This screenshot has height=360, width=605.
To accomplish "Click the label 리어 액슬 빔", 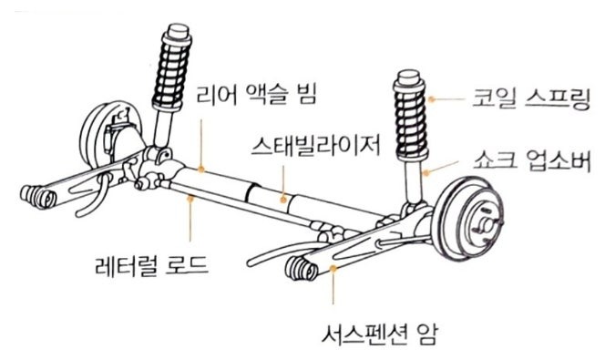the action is pyautogui.click(x=257, y=95).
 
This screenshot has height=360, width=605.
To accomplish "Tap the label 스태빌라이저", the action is pyautogui.click(x=316, y=146).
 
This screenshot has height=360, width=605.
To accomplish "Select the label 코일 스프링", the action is pyautogui.click(x=532, y=98).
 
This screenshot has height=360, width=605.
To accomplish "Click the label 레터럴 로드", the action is pyautogui.click(x=151, y=264).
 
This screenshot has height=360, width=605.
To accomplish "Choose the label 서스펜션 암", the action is pyautogui.click(x=380, y=334).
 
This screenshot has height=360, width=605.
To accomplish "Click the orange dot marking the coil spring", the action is pyautogui.click(x=432, y=99).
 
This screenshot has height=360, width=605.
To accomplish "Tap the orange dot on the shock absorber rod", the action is pyautogui.click(x=426, y=172).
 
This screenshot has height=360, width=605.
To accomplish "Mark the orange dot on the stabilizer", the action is pyautogui.click(x=283, y=200).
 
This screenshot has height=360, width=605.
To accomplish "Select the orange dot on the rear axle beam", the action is pyautogui.click(x=201, y=169).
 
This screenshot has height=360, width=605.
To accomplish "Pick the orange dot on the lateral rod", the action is pyautogui.click(x=190, y=199).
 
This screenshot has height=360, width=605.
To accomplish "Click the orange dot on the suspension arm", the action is pyautogui.click(x=333, y=268).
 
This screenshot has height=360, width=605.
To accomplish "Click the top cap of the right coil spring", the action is pyautogui.click(x=409, y=78).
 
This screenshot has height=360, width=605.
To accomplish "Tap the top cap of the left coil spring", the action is pyautogui.click(x=179, y=32).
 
